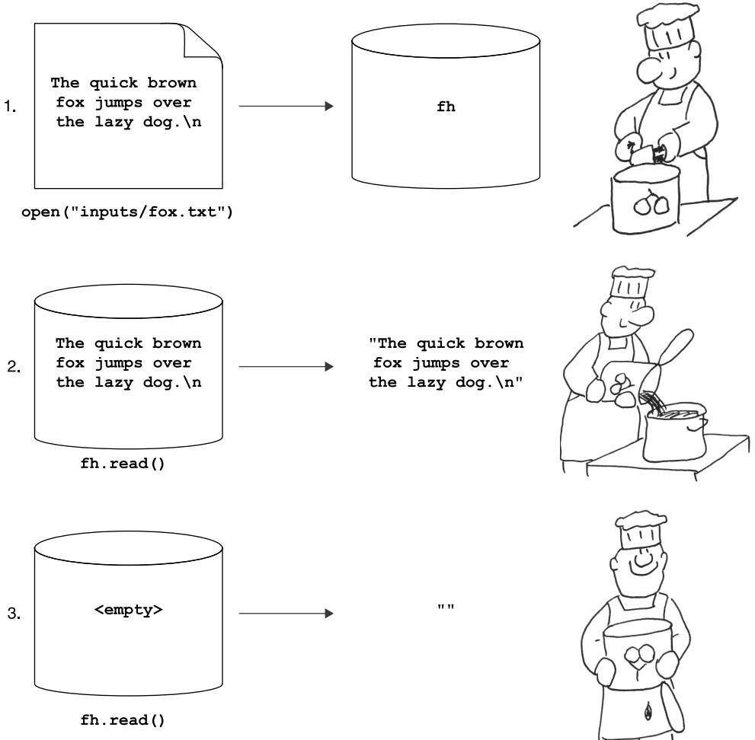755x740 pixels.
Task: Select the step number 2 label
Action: coord(9,368)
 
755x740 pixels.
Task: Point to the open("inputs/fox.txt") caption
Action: coord(130,212)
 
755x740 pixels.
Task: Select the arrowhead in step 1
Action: coord(328,108)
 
